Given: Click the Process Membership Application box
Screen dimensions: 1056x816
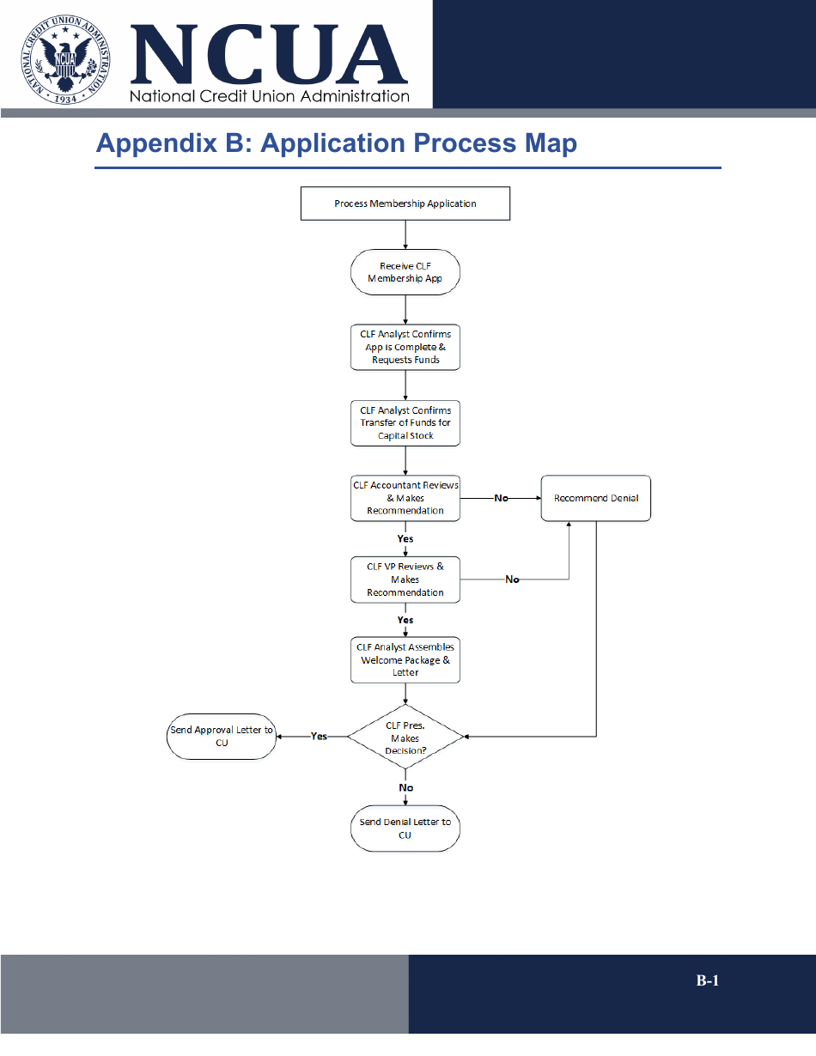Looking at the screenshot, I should tap(405, 203).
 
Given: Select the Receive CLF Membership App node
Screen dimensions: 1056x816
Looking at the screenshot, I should tap(405, 272).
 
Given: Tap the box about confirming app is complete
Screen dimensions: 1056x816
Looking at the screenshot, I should tap(405, 347).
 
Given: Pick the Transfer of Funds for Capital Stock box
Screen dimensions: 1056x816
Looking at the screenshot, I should tap(405, 422).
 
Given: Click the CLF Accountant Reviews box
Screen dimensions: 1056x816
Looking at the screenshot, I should tap(405, 498).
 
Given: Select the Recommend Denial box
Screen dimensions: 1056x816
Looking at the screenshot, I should tap(595, 498).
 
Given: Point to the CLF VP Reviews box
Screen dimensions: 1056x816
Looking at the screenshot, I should tap(405, 580).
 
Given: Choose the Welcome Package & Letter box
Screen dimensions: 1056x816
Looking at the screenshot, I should tap(405, 659).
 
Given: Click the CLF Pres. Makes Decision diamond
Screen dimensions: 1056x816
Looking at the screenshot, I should tap(405, 737).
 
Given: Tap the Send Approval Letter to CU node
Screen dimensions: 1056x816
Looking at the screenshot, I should tap(222, 737).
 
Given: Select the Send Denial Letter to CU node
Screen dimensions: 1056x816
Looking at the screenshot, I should tap(405, 828).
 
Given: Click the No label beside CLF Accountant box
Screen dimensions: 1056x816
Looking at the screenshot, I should tap(501, 498).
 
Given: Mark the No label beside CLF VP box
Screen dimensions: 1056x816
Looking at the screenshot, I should tap(512, 580).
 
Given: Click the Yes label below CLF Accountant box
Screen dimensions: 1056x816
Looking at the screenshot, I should tap(405, 539).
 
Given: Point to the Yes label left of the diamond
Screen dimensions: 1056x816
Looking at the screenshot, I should tap(319, 737).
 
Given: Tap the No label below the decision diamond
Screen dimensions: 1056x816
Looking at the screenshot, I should tap(405, 787).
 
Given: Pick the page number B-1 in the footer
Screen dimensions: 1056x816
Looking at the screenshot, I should tap(707, 980).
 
